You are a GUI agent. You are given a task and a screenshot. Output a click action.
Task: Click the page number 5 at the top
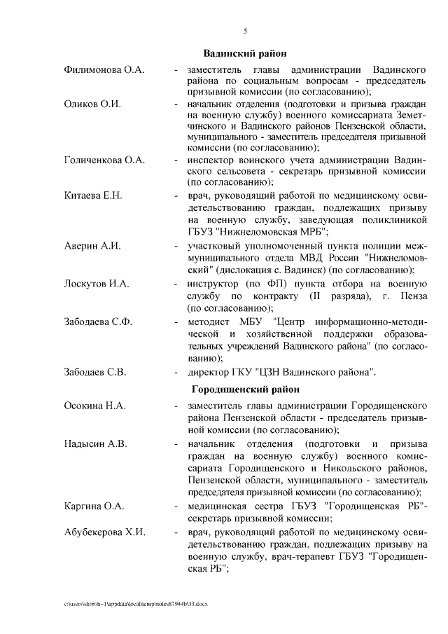[246, 31]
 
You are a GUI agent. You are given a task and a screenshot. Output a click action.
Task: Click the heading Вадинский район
[245, 53]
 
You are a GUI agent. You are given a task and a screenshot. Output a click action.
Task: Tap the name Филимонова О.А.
[103, 71]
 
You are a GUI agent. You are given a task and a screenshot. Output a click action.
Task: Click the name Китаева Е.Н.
[92, 194]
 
